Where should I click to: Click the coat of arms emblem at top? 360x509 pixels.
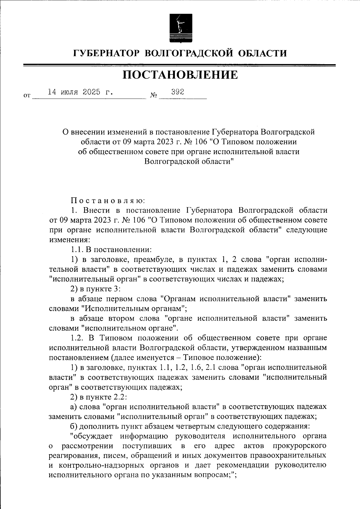pyautogui.click(x=180, y=28)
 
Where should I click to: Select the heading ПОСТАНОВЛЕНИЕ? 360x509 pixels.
pyautogui.click(x=180, y=75)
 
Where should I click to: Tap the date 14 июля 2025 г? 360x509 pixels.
pyautogui.click(x=80, y=92)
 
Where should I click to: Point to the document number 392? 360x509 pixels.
pyautogui.click(x=177, y=92)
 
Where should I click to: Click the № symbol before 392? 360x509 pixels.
pyautogui.click(x=154, y=96)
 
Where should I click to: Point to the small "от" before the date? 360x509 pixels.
pyautogui.click(x=27, y=96)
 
